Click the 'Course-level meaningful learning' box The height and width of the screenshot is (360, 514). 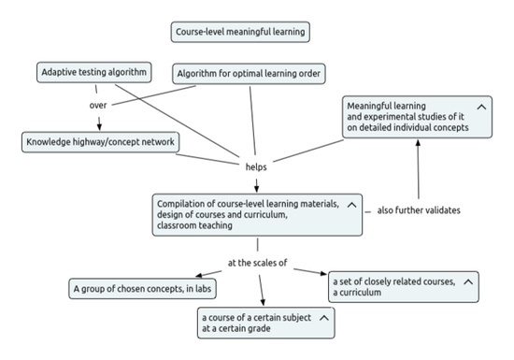[x=240, y=32]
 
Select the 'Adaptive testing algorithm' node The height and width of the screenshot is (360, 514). [x=95, y=72]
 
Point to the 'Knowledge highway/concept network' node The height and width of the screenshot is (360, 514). [x=100, y=142]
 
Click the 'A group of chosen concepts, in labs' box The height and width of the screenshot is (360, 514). [x=143, y=289]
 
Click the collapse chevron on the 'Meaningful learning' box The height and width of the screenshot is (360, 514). [x=481, y=108]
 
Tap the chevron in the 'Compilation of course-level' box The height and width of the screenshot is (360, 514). [x=351, y=204]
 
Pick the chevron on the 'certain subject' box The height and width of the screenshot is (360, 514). [x=323, y=318]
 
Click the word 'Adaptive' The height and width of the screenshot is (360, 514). [x=59, y=72]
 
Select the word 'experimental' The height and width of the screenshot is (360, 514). [x=390, y=118]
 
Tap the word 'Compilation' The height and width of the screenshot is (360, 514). [x=180, y=204]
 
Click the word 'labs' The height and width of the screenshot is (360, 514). [x=205, y=289]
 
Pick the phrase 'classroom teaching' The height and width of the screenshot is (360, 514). [x=194, y=226]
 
